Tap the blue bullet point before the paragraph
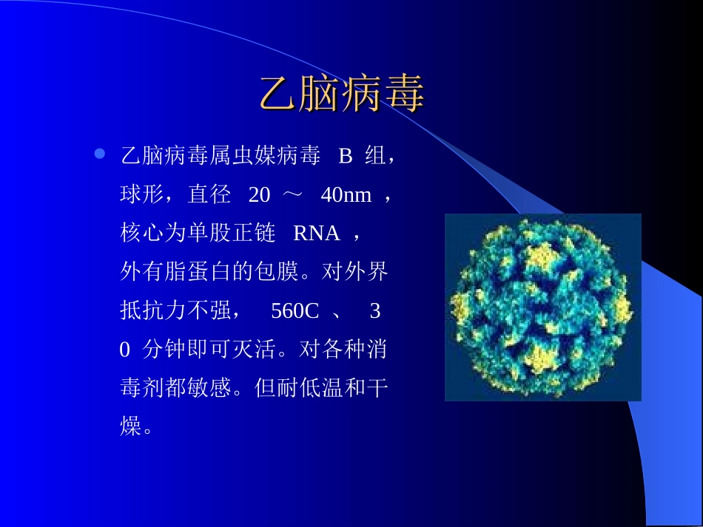pos(100,154)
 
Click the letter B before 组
pos(345,156)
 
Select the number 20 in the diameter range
pos(259,194)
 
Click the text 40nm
pos(346,194)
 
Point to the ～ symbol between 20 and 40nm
pos(294,194)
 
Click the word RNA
pos(316,234)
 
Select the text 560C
pos(295,310)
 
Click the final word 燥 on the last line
pos(131,426)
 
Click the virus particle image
pos(542,307)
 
